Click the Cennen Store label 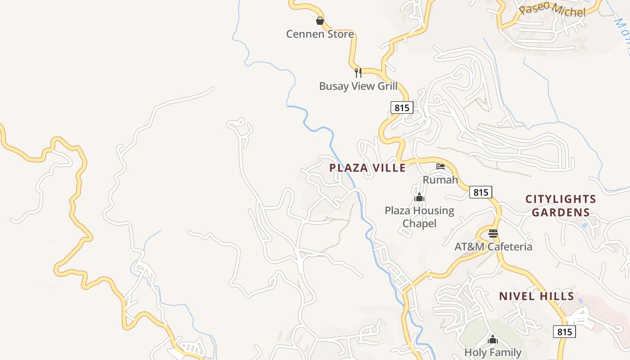pos(320,34)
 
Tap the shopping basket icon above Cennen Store pos(319,21)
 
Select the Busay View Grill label pos(358,86)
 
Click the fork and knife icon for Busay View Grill pos(358,72)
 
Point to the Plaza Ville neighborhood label pos(367,168)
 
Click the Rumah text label pos(440,180)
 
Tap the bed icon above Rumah pos(441,166)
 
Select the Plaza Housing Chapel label pos(419,217)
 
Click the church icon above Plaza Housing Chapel pos(419,197)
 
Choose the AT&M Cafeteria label pos(493,247)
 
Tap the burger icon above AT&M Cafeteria pos(493,233)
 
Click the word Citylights pos(561,199)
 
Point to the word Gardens pos(561,212)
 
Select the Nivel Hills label pos(536,296)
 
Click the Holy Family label pos(493,352)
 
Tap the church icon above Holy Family pos(493,339)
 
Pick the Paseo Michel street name pos(552,9)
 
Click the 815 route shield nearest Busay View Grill pos(401,108)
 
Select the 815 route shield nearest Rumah pos(481,192)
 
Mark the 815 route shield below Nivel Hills pos(564,332)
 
